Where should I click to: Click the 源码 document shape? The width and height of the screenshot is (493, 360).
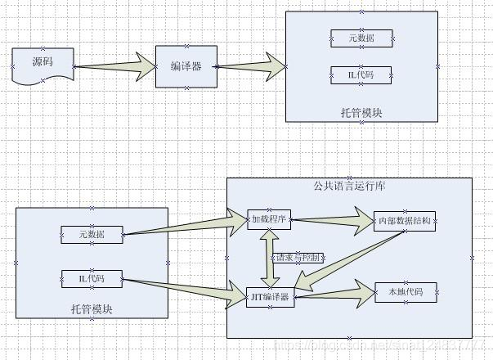coord(43,63)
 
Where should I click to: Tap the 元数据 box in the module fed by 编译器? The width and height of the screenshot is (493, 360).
coord(361,38)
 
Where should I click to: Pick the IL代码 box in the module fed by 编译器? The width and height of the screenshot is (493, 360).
coord(361,74)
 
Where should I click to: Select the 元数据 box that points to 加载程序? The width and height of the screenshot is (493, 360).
coord(92,235)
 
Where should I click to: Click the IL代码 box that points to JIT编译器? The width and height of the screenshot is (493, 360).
coord(92,279)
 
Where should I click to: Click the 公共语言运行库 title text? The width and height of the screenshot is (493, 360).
coord(349,186)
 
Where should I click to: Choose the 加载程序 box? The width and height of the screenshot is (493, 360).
coord(269,220)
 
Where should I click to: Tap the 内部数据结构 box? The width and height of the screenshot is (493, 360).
coord(405,221)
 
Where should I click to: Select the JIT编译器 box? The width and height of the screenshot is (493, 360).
coord(269,296)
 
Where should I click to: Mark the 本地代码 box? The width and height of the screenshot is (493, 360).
coord(405,291)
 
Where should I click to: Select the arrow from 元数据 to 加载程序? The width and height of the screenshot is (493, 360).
coord(184,227)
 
